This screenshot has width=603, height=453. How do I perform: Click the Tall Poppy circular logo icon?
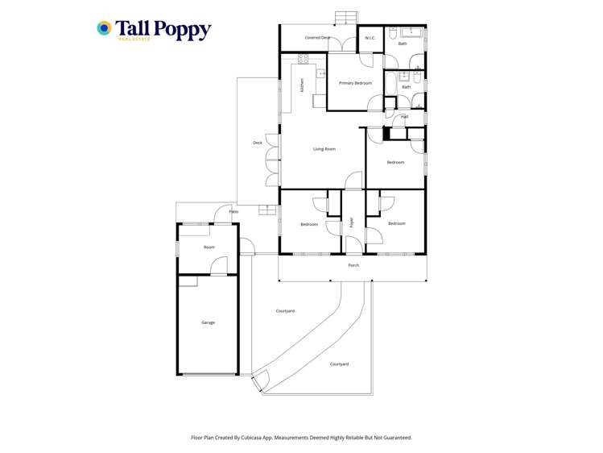104,28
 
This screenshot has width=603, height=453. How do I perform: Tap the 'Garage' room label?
209,322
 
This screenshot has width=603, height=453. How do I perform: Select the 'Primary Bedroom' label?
355,83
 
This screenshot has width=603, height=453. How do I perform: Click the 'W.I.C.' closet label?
370,38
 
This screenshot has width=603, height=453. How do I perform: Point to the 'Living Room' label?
324,149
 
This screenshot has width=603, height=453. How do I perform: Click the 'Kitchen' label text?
302,85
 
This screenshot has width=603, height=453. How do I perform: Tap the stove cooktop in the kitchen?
304,58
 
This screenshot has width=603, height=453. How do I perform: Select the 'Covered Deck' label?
317,38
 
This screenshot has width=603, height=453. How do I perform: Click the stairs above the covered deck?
345,17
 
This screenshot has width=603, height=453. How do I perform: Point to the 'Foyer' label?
352,222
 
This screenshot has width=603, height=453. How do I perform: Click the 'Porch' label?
353,265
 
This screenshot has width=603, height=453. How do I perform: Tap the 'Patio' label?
233,212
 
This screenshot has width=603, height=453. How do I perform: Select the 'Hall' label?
404,117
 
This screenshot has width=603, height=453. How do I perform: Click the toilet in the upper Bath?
392,34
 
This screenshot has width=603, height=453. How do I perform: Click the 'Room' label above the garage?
209,247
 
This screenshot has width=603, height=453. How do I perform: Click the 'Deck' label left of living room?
258,143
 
